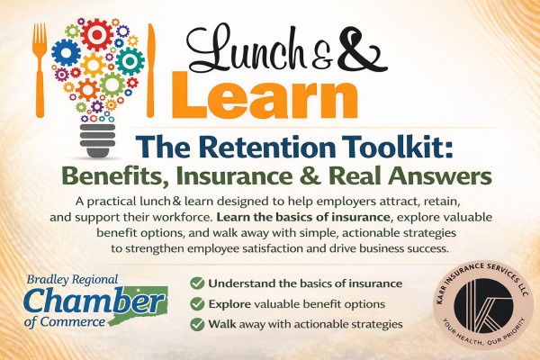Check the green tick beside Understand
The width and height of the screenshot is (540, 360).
196,284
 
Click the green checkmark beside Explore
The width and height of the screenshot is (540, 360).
196,304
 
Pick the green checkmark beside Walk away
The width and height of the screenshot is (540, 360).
196,324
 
